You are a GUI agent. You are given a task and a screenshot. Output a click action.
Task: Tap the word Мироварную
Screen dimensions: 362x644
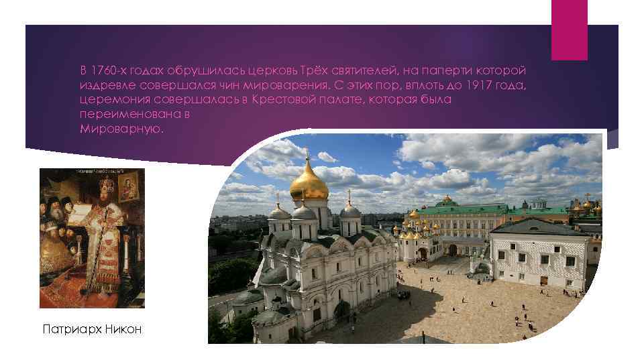[121, 128]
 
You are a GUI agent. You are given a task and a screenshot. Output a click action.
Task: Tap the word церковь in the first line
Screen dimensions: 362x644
[277, 70]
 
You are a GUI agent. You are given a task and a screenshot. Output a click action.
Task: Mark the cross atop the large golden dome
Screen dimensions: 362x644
[308, 153]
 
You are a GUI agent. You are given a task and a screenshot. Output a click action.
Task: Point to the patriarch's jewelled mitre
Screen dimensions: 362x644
[106, 184]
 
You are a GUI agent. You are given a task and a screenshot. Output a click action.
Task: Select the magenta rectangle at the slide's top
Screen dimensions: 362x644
[569, 29]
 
